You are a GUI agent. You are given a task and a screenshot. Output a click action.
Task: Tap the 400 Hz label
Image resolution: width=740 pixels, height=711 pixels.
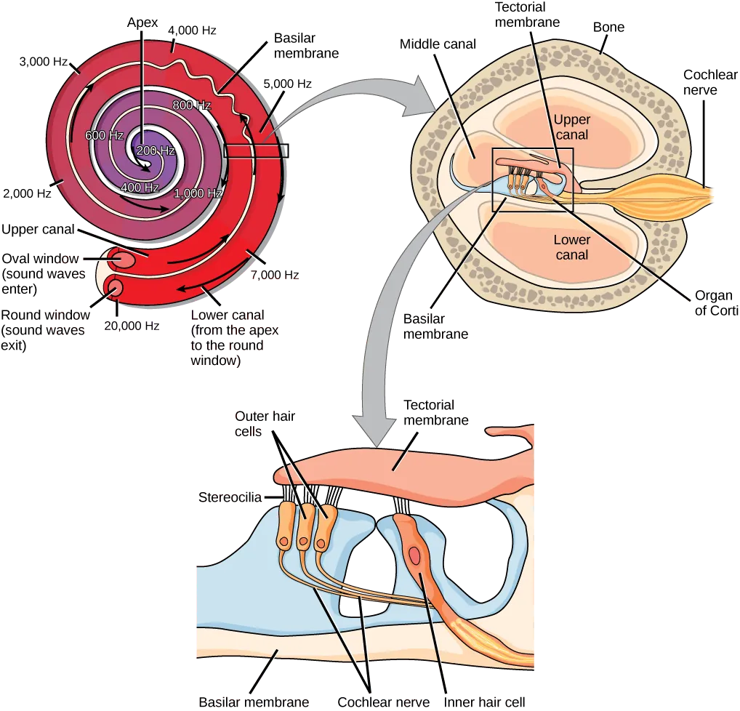140,188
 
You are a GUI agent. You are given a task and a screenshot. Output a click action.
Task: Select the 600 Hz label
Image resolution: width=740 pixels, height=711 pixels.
103,135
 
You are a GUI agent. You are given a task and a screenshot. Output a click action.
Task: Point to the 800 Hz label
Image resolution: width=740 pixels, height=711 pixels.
192,105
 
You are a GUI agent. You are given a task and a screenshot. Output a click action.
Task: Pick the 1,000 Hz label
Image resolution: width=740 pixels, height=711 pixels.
198,193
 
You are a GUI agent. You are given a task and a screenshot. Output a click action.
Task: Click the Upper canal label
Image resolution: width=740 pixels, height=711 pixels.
571,126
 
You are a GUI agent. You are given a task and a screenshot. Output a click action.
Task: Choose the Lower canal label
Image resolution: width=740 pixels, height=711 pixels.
571,247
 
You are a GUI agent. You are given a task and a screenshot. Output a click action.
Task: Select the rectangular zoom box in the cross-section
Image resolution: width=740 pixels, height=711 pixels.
533,180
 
